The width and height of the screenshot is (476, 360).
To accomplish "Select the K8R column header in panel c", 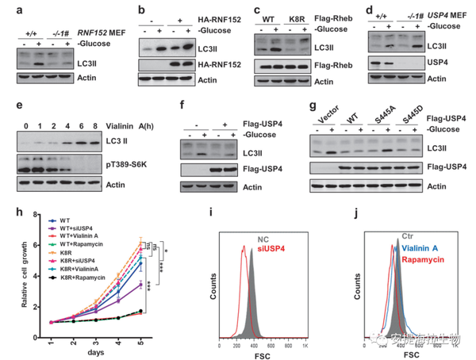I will pos(298,15).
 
